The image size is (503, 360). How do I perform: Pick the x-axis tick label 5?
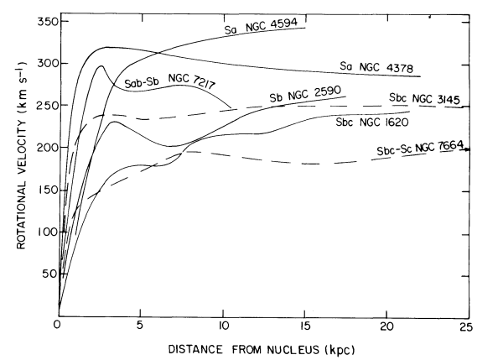(x=140, y=325)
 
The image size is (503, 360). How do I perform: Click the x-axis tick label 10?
(x=222, y=325)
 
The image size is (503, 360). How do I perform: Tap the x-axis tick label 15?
(x=304, y=325)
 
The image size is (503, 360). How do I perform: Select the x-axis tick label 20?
(x=386, y=325)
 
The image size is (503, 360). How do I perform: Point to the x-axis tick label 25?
(x=469, y=325)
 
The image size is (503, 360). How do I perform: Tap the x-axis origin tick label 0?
(x=58, y=325)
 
